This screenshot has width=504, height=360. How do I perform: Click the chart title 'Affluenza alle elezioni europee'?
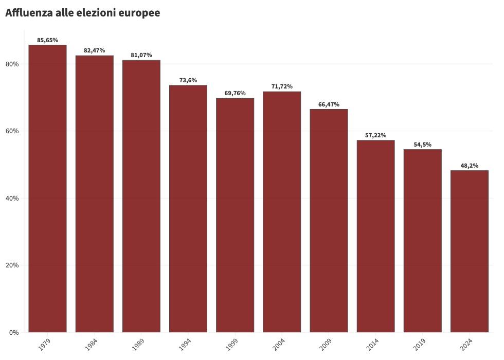[x=82, y=13]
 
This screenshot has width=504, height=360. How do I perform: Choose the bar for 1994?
[x=188, y=208]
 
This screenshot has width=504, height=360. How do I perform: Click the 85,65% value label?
[x=47, y=40]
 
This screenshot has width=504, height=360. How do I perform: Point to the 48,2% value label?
[x=469, y=166]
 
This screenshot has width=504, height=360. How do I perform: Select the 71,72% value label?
[x=282, y=86]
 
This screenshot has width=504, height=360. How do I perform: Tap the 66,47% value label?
[x=329, y=104]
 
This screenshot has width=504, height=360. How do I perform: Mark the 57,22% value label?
[x=375, y=135]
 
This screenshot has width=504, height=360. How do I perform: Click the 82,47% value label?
[x=94, y=50]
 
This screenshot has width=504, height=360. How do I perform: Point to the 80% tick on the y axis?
[x=12, y=64]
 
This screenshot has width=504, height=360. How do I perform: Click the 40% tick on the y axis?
[x=12, y=198]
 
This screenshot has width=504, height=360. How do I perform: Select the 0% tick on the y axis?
[x=14, y=332]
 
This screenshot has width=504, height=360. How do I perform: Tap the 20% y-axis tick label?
[x=12, y=265]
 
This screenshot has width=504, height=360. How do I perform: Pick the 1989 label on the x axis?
[x=138, y=345]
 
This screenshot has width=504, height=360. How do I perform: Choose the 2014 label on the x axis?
[x=372, y=345]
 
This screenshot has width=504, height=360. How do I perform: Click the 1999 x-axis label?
[x=231, y=345]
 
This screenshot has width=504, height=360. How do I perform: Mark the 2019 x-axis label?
[x=419, y=345]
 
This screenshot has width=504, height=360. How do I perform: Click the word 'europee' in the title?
[x=139, y=13]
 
